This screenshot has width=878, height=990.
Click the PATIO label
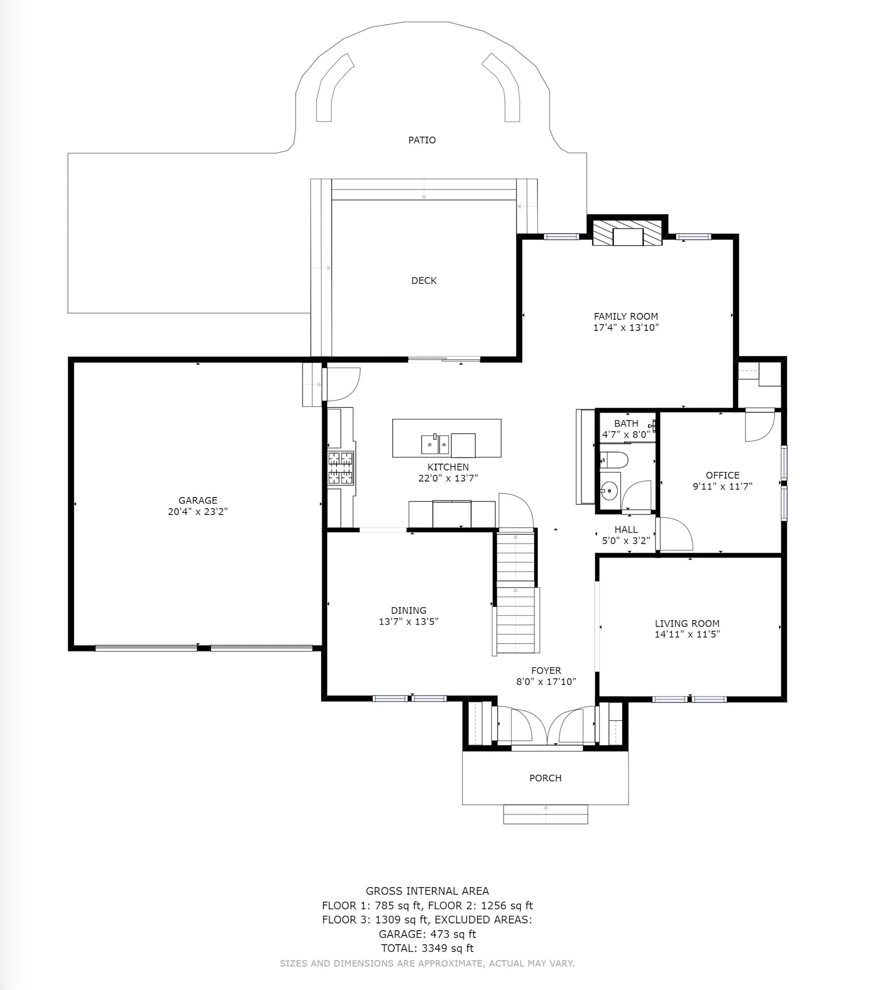click(422, 140)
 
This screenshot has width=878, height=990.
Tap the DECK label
click(424, 280)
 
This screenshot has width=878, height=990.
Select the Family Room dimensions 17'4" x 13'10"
click(626, 327)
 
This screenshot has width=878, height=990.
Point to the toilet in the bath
click(614, 460)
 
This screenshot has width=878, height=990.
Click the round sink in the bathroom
click(610, 491)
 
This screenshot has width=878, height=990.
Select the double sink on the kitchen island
click(435, 444)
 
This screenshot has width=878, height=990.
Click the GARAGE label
click(198, 500)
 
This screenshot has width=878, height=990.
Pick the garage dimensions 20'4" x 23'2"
click(198, 512)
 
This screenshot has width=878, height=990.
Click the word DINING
click(409, 610)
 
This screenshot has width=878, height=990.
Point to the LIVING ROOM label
click(687, 623)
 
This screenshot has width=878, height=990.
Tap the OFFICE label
click(723, 475)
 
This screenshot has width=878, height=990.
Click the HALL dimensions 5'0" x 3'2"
click(626, 541)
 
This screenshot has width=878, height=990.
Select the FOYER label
click(546, 670)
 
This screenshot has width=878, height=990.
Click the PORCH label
click(545, 778)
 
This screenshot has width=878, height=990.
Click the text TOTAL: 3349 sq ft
click(427, 948)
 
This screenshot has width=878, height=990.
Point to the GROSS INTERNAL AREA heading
click(427, 891)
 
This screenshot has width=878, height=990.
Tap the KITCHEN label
click(448, 467)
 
